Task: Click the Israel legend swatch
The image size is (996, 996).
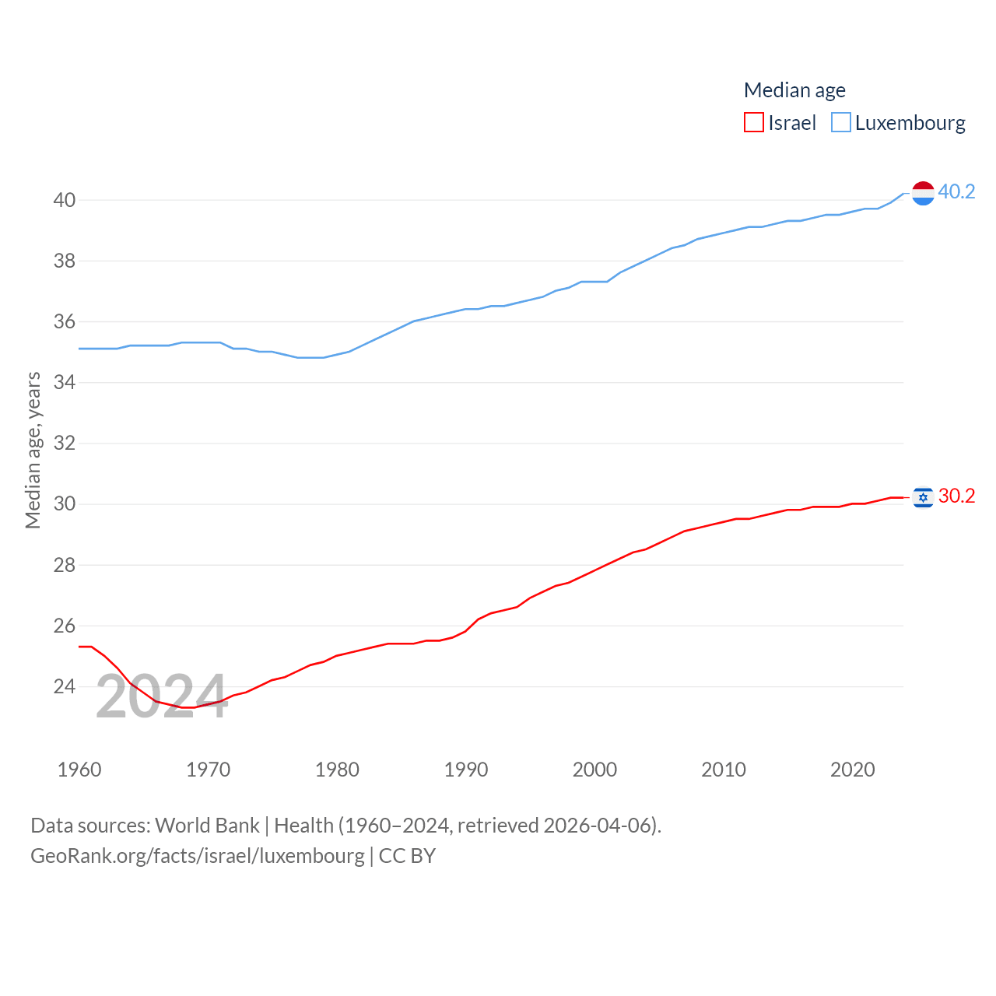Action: [753, 123]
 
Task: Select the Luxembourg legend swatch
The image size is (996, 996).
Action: [841, 123]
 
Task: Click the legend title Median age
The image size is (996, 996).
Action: [794, 90]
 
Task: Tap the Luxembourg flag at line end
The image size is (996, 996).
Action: [923, 192]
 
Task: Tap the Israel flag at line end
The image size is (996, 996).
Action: [923, 496]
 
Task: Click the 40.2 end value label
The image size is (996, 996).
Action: [956, 191]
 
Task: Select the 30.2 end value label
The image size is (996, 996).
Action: [956, 496]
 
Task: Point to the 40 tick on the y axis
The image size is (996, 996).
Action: [65, 200]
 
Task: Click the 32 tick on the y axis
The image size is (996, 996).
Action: [65, 444]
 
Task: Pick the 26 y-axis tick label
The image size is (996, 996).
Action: [65, 626]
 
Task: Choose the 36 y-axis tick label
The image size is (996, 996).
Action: [65, 321]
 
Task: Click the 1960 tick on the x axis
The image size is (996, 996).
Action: [79, 770]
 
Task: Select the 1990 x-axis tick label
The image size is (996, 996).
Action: [466, 770]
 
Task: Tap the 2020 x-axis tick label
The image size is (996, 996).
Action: [853, 770]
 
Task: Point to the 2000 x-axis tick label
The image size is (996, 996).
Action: [594, 770]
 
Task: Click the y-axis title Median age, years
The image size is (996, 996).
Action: [33, 450]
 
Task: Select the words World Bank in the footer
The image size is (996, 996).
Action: [207, 825]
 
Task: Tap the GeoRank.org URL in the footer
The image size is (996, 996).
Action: [198, 856]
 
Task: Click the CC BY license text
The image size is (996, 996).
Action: [407, 856]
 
